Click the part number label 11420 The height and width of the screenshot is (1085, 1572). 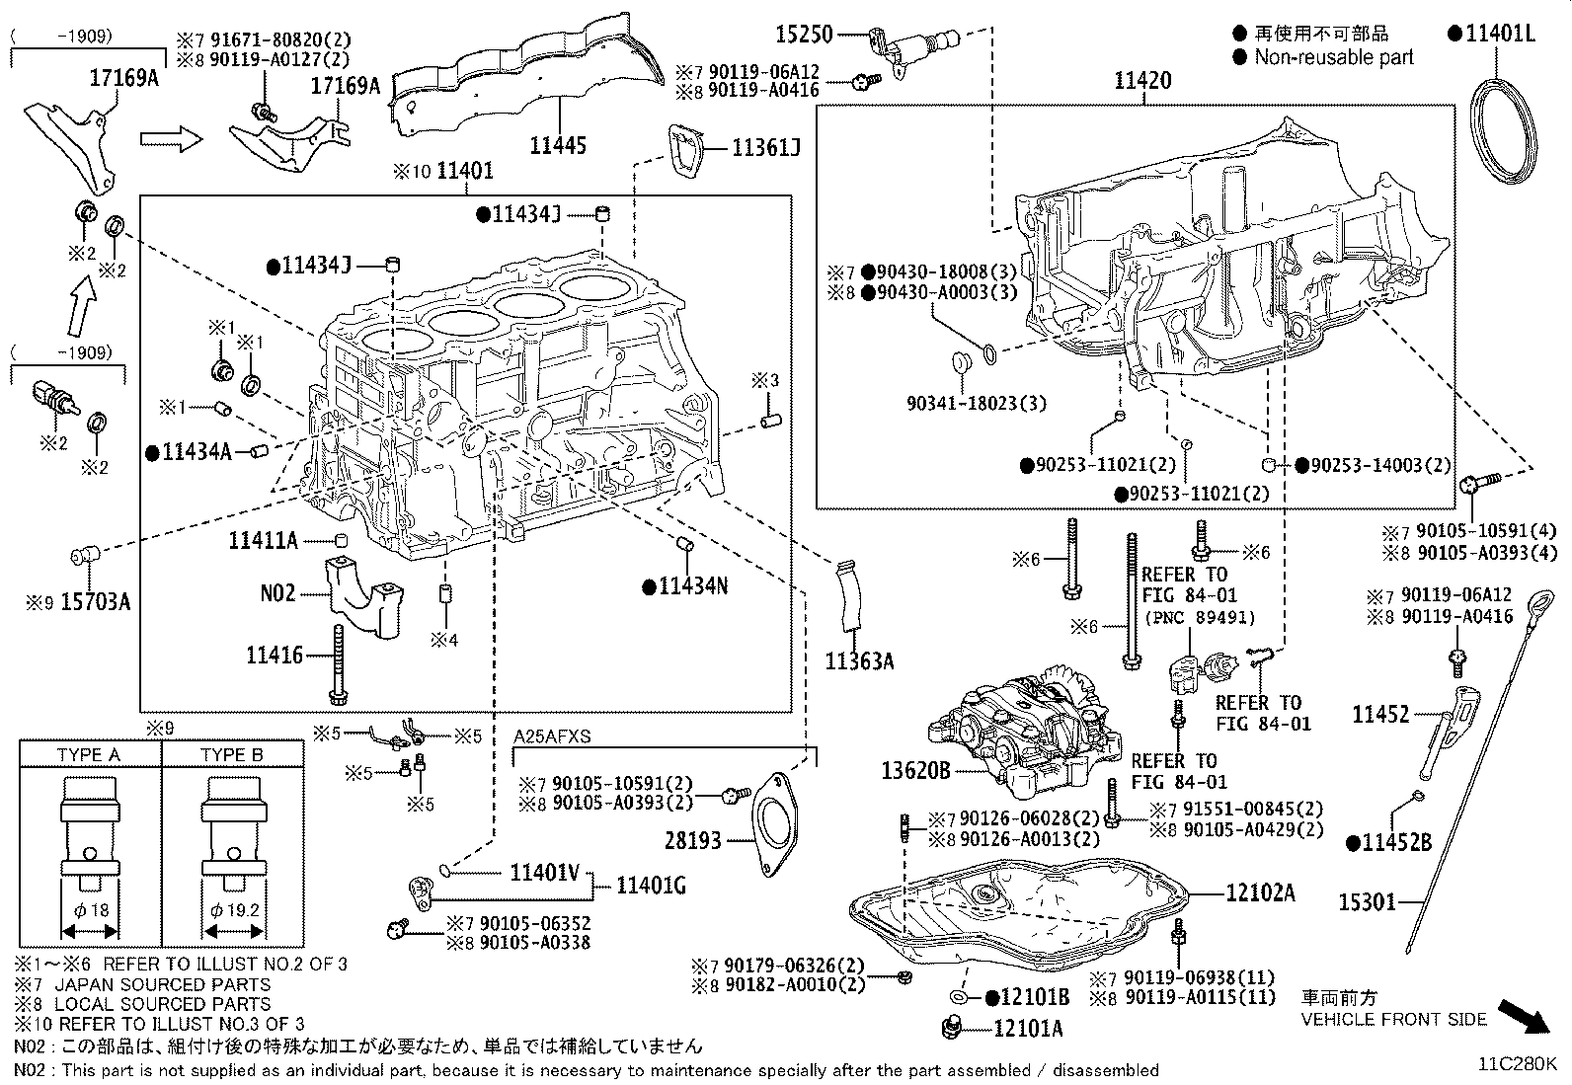pos(1142,81)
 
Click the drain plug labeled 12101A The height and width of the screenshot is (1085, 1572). pos(953,1026)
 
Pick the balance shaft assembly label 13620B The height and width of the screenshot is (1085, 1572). pos(915,770)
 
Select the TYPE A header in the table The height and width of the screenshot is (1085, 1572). pos(89,754)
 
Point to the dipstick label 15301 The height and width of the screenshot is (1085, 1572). pos(1367,901)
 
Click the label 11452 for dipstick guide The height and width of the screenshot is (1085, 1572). pos(1380,714)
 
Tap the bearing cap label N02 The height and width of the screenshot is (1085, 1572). pos(277,593)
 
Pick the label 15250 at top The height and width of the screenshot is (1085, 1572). pos(804,35)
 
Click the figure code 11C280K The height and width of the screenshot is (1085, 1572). pos(1517,1064)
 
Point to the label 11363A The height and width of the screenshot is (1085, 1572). pos(859,661)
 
